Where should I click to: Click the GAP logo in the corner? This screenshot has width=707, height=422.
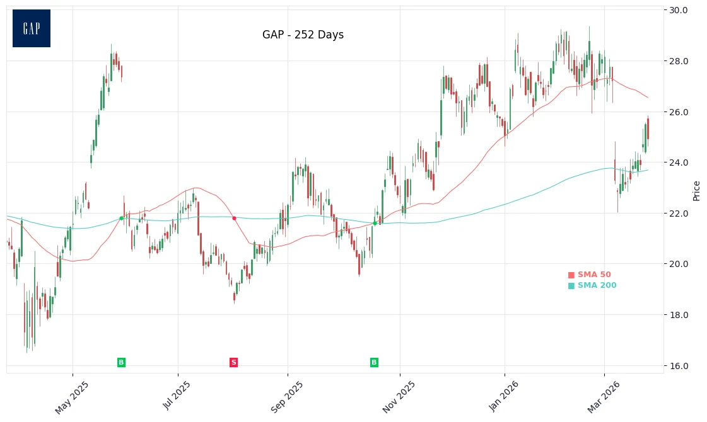(32, 28)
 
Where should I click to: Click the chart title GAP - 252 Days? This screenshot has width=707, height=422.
(303, 35)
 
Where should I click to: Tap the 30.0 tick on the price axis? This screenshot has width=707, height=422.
(679, 11)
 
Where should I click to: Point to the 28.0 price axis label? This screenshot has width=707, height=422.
(679, 61)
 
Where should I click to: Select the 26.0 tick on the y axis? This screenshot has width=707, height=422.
(679, 112)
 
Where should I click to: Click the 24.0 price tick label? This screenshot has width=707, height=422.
(679, 163)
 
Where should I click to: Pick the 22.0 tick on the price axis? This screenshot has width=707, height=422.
(679, 214)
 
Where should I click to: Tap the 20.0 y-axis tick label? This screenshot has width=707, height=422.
(679, 264)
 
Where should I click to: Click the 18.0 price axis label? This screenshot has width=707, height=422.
(679, 315)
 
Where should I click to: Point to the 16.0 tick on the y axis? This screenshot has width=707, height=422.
(679, 365)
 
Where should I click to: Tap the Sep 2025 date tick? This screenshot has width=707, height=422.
(288, 397)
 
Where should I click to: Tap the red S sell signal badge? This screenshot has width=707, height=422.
(233, 362)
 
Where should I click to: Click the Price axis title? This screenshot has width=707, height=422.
(696, 190)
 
